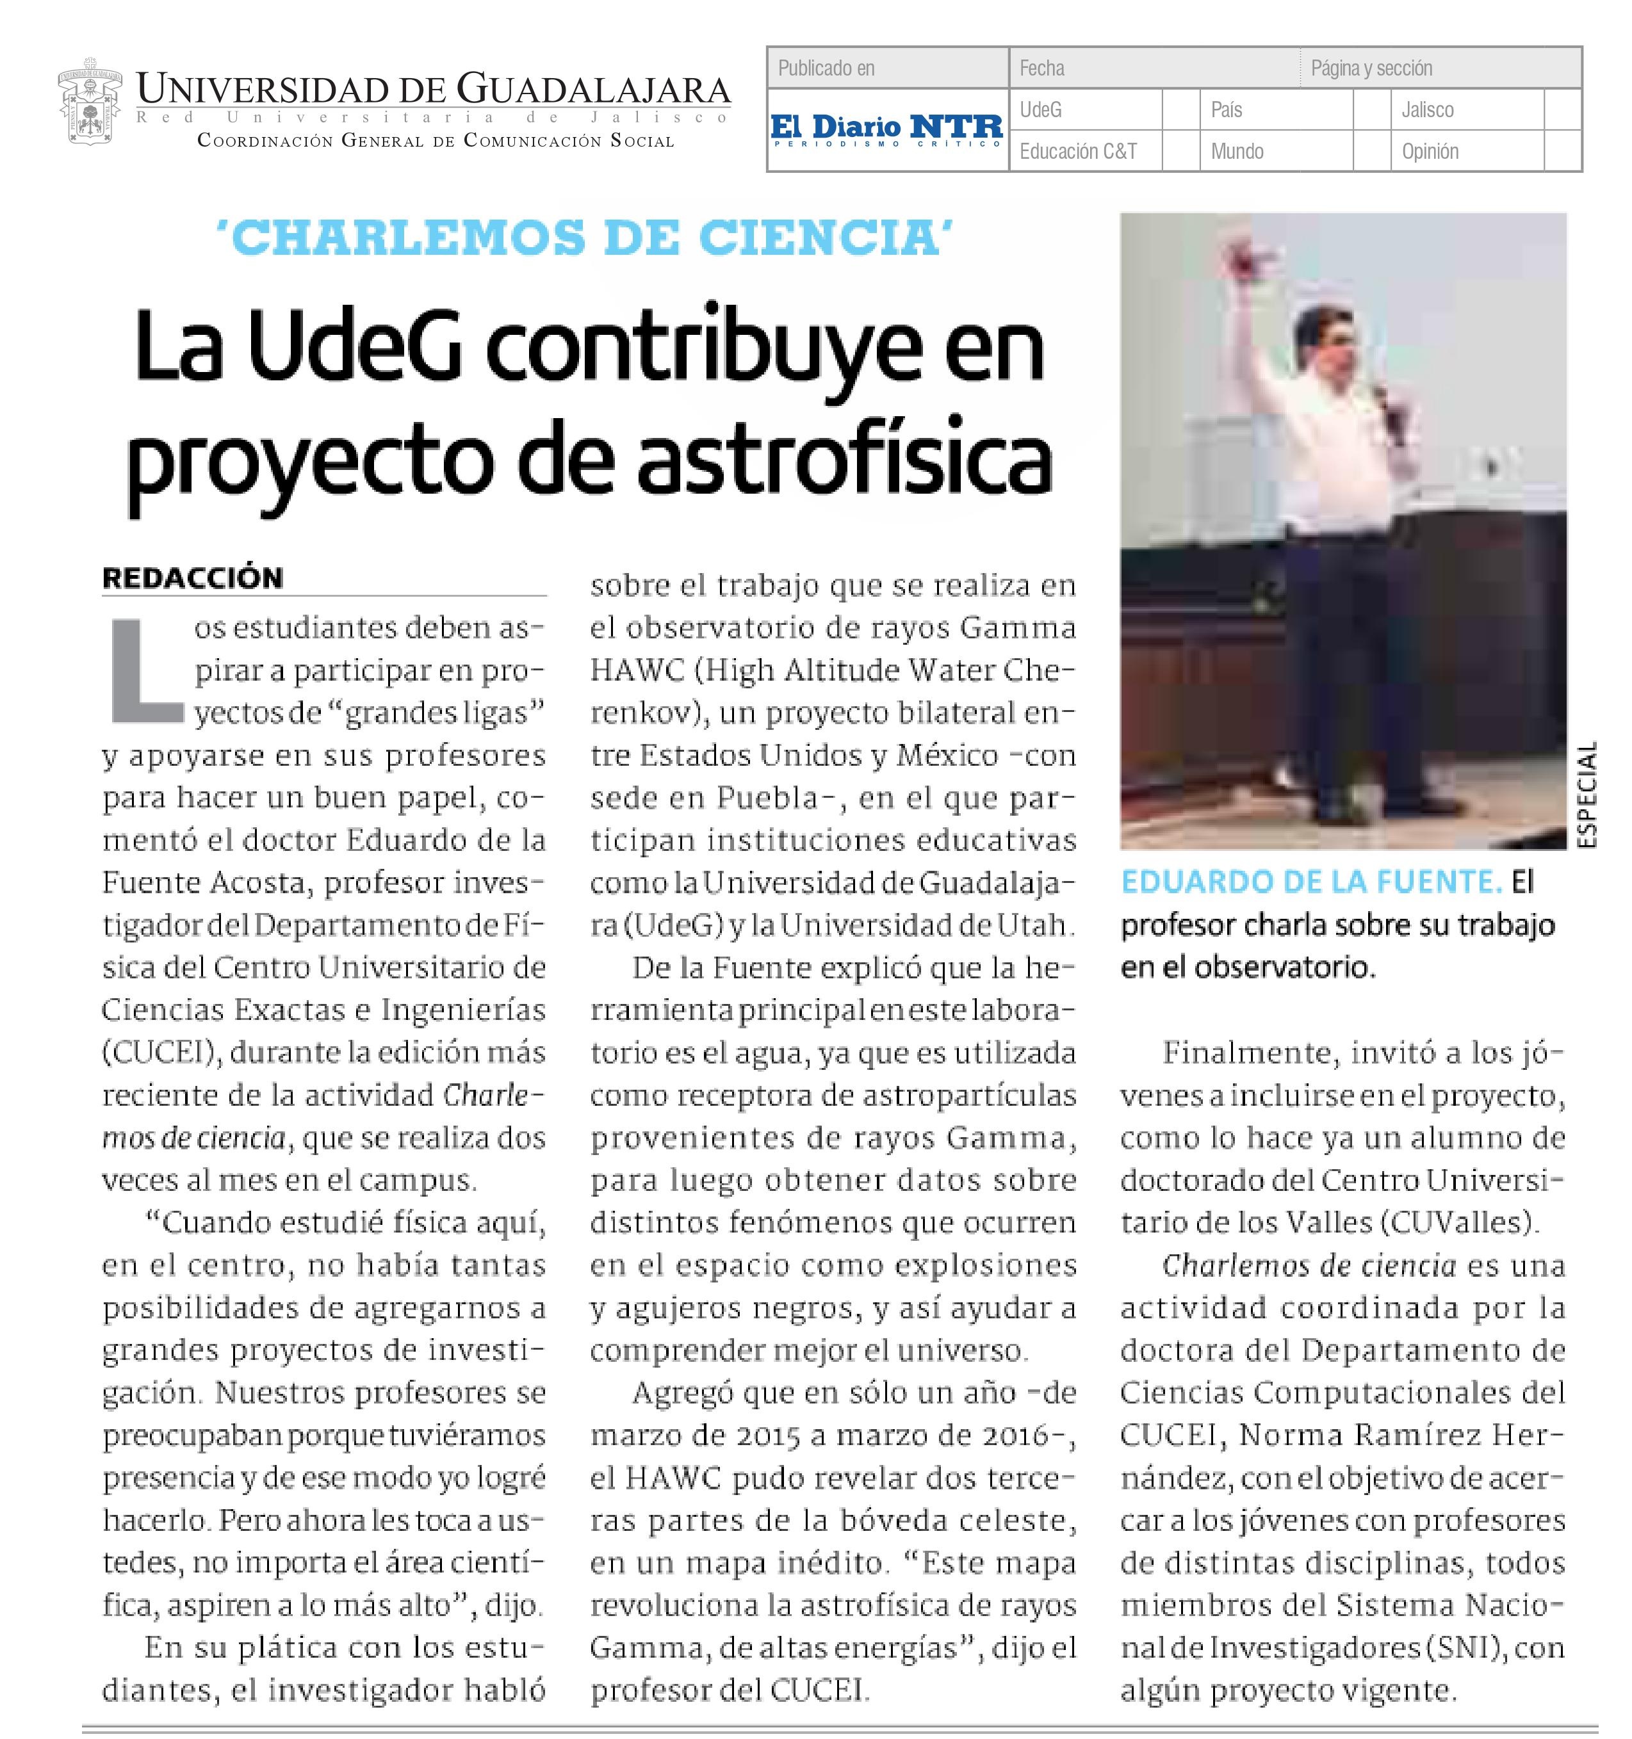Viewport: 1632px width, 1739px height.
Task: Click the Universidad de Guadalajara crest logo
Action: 88,103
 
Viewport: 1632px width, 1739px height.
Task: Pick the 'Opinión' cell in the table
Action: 1430,151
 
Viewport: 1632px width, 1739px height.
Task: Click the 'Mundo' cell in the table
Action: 1237,151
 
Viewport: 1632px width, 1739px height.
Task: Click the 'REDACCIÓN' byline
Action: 193,578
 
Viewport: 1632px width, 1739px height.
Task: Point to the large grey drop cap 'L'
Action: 145,671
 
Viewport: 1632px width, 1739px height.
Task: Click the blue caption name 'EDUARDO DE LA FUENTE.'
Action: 1311,882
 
